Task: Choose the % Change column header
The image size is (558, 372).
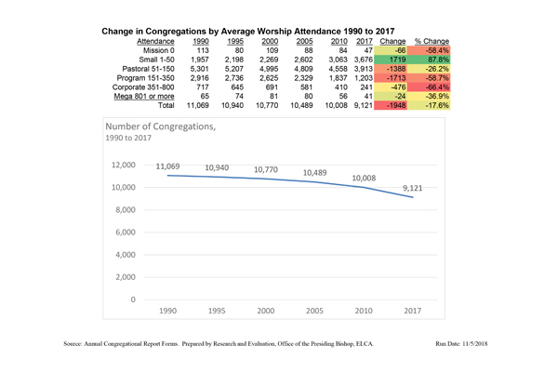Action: pyautogui.click(x=432, y=42)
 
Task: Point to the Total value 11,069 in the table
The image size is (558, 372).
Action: pyautogui.click(x=200, y=107)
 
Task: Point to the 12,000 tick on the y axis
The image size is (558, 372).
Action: pyautogui.click(x=123, y=165)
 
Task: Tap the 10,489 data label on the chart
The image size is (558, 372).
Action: pyautogui.click(x=321, y=172)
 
